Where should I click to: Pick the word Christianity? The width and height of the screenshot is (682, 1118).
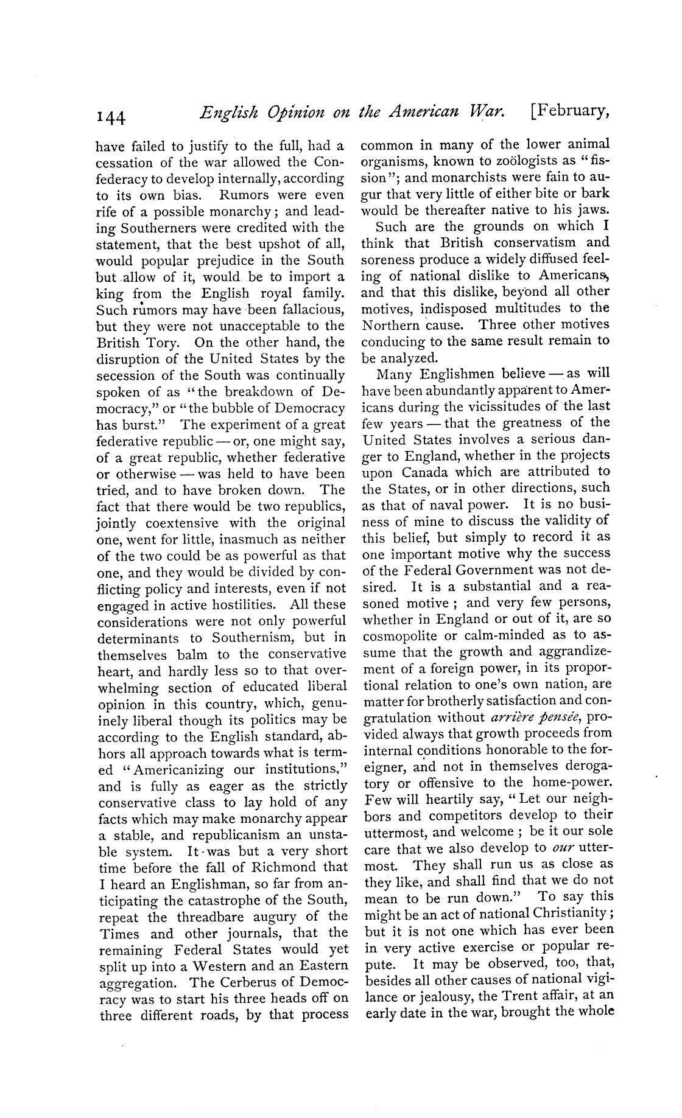click(566, 914)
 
